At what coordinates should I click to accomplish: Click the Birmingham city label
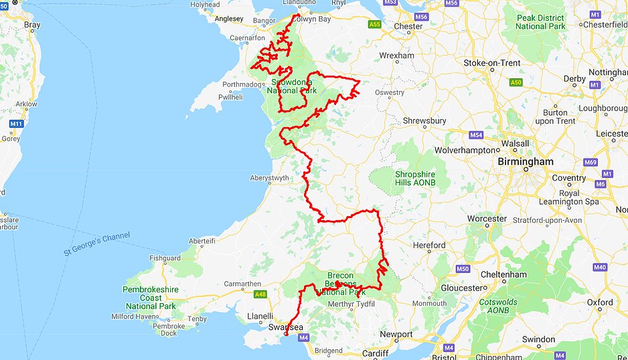pyautogui.click(x=525, y=162)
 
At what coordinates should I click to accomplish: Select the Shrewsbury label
pyautogui.click(x=424, y=121)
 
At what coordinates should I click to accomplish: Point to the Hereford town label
pyautogui.click(x=429, y=246)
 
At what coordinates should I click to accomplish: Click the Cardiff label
pyautogui.click(x=376, y=353)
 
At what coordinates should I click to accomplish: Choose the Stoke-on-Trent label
pyautogui.click(x=492, y=63)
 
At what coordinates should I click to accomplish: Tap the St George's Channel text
pyautogui.click(x=97, y=244)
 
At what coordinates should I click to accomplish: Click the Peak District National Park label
pyautogui.click(x=540, y=21)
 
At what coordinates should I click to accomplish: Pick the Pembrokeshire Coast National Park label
pyautogui.click(x=151, y=298)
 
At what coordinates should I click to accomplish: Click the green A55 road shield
pyautogui.click(x=375, y=25)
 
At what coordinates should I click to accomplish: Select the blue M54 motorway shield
pyautogui.click(x=476, y=135)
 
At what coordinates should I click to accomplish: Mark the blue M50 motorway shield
pyautogui.click(x=463, y=269)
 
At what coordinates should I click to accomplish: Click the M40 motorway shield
pyautogui.click(x=599, y=267)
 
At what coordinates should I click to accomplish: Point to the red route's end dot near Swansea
pyautogui.click(x=286, y=334)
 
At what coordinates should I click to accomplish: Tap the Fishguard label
pyautogui.click(x=165, y=258)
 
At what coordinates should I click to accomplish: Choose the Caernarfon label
pyautogui.click(x=247, y=38)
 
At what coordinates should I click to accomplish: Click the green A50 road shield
pyautogui.click(x=515, y=82)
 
